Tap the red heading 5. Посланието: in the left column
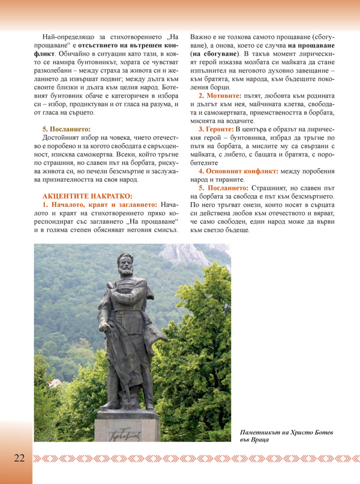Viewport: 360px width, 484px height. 66,128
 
